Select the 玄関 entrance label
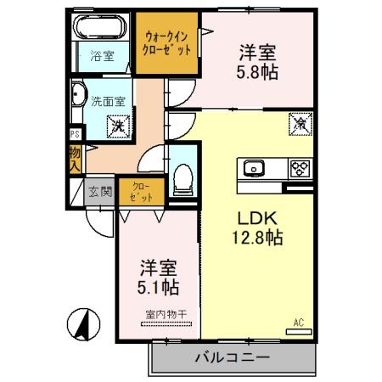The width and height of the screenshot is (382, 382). [99, 191]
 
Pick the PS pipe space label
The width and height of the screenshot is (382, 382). [75, 134]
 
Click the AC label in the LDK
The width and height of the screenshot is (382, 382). [298, 322]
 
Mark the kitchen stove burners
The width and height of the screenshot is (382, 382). [298, 167]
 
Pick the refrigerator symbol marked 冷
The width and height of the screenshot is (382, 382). [301, 123]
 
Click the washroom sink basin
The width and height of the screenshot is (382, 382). [79, 96]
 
